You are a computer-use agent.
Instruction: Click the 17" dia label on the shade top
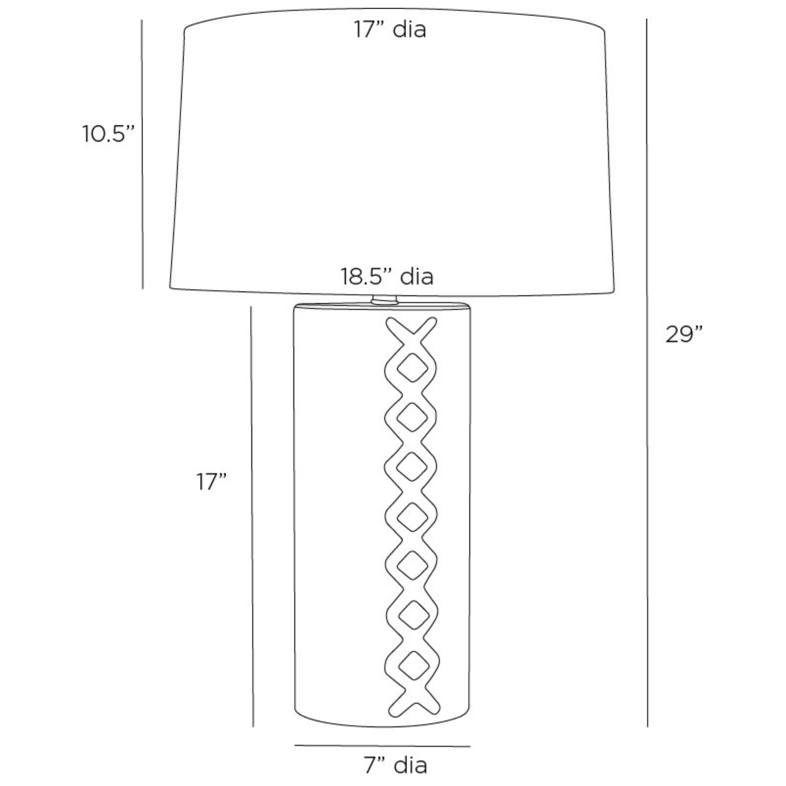coord(389,29)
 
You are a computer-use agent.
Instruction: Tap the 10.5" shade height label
coord(108,134)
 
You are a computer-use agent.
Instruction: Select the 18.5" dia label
coord(387,276)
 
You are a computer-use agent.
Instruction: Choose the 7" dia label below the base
coord(396,766)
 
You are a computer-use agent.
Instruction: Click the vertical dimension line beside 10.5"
coord(142,154)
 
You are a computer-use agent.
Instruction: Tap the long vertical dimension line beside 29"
coord(647,373)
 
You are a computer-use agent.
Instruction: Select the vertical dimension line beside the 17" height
coord(252,516)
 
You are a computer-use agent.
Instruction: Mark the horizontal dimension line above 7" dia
coord(382,746)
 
